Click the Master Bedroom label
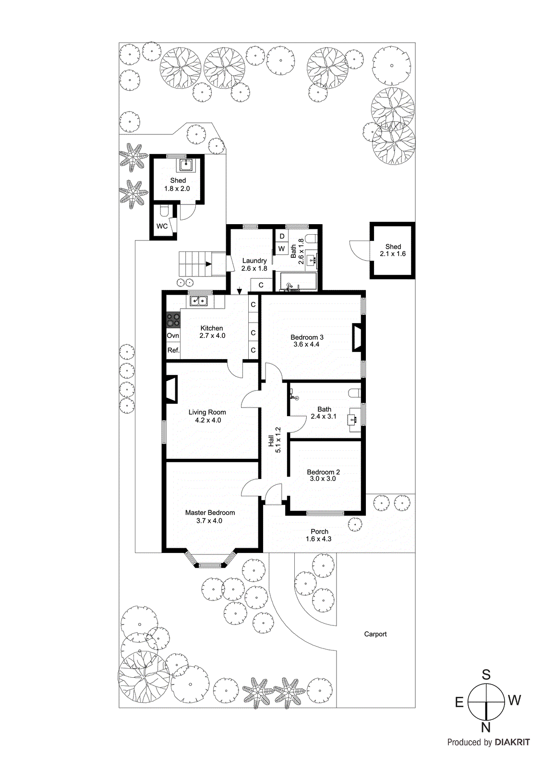click(210, 513)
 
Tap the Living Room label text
click(207, 412)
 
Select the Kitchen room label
click(212, 328)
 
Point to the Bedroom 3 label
click(307, 337)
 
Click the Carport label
click(375, 634)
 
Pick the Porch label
click(319, 531)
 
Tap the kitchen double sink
click(199, 301)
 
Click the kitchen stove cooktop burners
click(173, 320)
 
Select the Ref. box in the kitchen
click(173, 350)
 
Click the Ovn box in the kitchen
click(173, 336)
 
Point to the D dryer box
click(282, 236)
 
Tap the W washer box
click(282, 249)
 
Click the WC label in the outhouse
click(162, 226)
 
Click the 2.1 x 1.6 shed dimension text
click(393, 254)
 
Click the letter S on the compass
click(486, 674)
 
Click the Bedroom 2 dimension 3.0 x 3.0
click(323, 479)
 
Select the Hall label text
click(271, 441)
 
